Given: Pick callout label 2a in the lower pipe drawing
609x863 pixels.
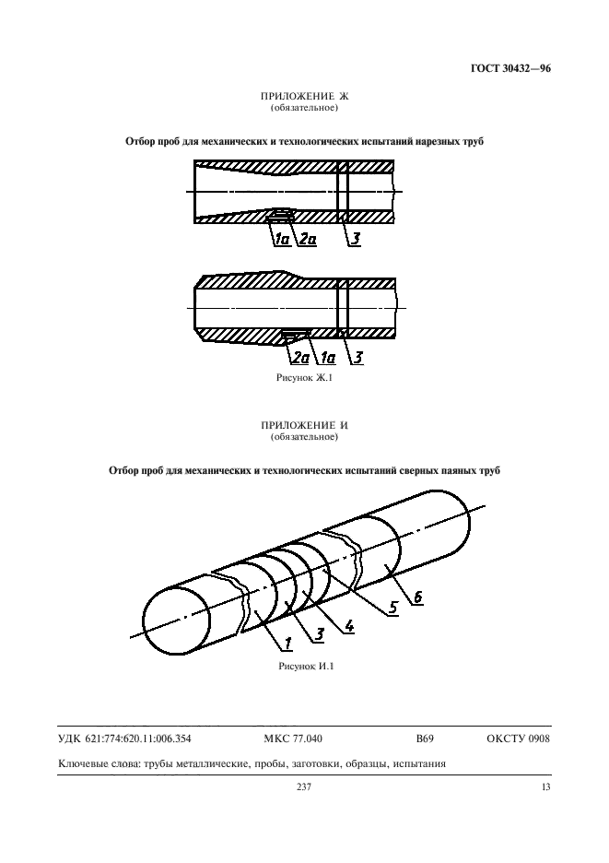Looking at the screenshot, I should point(299,356).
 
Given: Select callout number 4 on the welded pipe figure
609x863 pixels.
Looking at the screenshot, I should point(350,628).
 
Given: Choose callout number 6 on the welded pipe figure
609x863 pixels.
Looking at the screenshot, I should point(416,597).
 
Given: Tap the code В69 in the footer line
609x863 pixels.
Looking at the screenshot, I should point(425,739).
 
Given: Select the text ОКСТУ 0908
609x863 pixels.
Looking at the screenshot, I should point(517,739).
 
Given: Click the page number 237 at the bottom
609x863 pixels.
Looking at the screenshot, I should point(303,786).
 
